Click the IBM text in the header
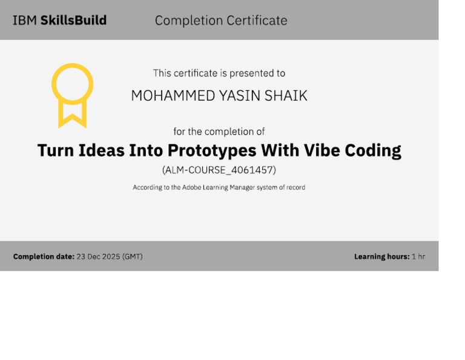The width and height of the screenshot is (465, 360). (x=25, y=21)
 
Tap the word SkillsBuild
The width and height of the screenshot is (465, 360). (x=73, y=21)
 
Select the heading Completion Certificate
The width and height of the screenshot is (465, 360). (x=221, y=21)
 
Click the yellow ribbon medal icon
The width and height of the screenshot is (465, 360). (x=73, y=96)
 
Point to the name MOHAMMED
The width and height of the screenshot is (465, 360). (x=173, y=96)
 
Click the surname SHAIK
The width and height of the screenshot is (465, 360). (x=286, y=96)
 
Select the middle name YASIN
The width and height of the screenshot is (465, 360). (x=240, y=96)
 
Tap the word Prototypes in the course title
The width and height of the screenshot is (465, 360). (x=212, y=151)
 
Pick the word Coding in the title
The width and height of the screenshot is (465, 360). (x=373, y=151)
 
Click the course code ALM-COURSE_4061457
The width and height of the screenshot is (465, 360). (x=219, y=170)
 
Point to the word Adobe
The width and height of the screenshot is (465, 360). (x=191, y=187)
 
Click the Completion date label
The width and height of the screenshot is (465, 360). (x=44, y=256)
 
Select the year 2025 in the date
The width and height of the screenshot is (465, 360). (x=111, y=256)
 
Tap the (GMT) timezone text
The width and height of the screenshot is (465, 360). (x=132, y=257)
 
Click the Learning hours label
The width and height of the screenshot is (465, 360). (x=382, y=256)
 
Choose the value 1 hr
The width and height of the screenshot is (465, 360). (x=418, y=256)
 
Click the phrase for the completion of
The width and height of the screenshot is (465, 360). (x=219, y=132)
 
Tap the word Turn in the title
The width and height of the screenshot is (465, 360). (x=56, y=150)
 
